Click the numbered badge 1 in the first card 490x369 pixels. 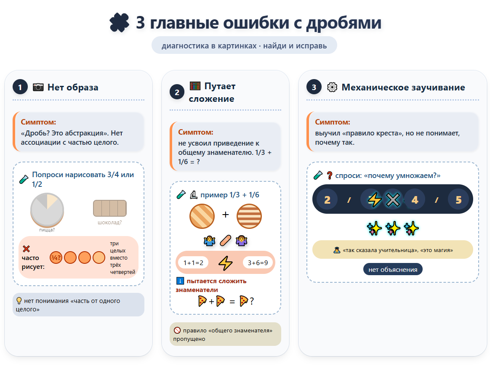pyautogui.click(x=20, y=87)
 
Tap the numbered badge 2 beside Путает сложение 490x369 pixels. pyautogui.click(x=177, y=92)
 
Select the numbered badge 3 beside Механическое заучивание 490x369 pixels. pyautogui.click(x=314, y=87)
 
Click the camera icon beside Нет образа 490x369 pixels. pyautogui.click(x=38, y=87)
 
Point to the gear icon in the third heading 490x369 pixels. pyautogui.click(x=332, y=87)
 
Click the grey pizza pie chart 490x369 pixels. pyautogui.click(x=47, y=209)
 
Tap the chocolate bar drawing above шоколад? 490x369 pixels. pyautogui.click(x=109, y=209)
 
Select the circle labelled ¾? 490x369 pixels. pyautogui.click(x=56, y=257)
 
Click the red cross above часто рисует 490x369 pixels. pyautogui.click(x=26, y=249)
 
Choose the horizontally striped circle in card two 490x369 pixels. pyautogui.click(x=249, y=216)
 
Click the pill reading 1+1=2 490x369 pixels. pyautogui.click(x=193, y=263)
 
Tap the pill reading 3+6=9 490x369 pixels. pyautogui.click(x=258, y=263)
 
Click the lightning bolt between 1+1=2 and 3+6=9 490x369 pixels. pyautogui.click(x=226, y=263)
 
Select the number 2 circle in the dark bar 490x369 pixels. pyautogui.click(x=327, y=199)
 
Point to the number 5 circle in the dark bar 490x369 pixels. pyautogui.click(x=458, y=199)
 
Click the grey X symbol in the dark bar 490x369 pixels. pyautogui.click(x=392, y=199)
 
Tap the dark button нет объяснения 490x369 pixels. pyautogui.click(x=392, y=270)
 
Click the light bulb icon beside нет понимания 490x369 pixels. pyautogui.click(x=19, y=301)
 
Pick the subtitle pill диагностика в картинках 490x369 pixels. pyautogui.click(x=244, y=45)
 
